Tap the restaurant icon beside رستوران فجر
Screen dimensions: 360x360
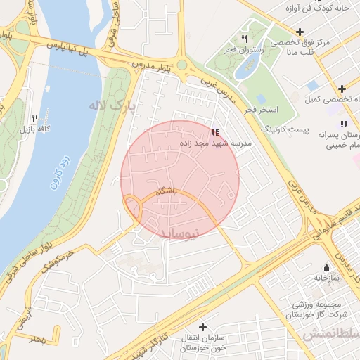[244, 39]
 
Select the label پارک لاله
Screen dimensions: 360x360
[111, 105]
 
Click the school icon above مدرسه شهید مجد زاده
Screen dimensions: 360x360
[214, 131]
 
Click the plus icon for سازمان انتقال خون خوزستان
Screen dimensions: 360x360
[203, 327]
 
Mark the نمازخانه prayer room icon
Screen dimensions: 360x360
[326, 267]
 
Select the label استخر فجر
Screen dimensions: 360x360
[262, 110]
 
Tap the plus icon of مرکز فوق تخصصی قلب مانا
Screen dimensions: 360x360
[300, 32]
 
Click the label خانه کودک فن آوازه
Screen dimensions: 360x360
[321, 8]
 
